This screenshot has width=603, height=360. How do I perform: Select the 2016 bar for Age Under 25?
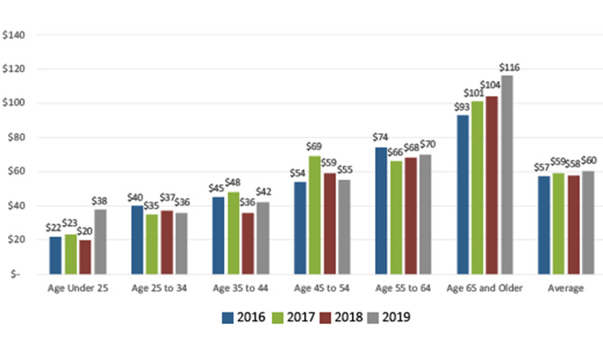[x=56, y=255]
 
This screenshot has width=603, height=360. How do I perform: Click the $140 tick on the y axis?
[x=16, y=35]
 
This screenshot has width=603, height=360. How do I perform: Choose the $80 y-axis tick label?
[x=16, y=137]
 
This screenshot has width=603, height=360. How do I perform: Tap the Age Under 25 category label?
[x=76, y=288]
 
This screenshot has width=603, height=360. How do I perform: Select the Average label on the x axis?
[x=565, y=288]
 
